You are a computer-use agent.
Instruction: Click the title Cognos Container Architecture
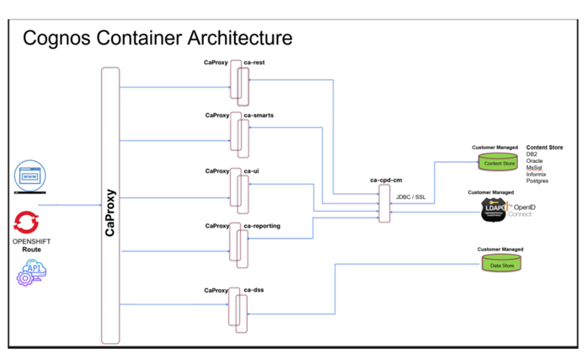tap(158, 38)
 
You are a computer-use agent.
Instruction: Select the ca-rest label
tap(254, 62)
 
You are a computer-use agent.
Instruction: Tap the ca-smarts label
tap(259, 115)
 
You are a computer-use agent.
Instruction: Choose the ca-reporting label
tap(262, 226)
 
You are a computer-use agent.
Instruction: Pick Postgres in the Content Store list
tap(537, 180)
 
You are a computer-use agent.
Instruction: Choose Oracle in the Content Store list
tap(534, 160)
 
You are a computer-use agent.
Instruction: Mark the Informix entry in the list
tap(537, 174)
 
